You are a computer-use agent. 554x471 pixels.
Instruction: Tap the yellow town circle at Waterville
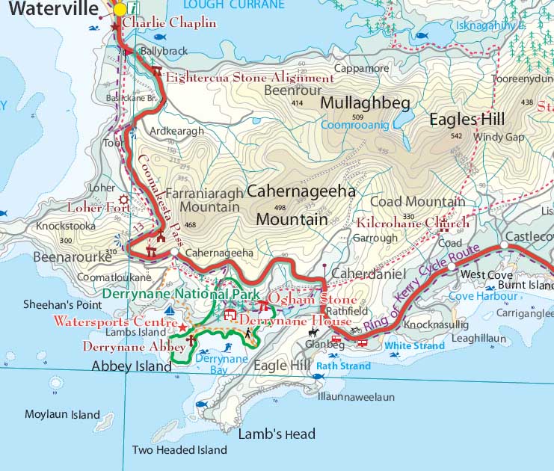pyautogui.click(x=120, y=9)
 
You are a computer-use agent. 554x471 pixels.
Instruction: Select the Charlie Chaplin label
pyautogui.click(x=169, y=22)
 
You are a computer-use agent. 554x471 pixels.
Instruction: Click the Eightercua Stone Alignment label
pyautogui.click(x=250, y=78)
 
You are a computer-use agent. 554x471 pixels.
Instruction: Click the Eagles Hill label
pyautogui.click(x=467, y=119)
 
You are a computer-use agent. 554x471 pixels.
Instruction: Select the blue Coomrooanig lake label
pyautogui.click(x=355, y=125)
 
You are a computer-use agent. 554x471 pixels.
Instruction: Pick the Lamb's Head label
pyautogui.click(x=277, y=434)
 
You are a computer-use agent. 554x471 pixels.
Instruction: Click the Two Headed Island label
pyautogui.click(x=179, y=450)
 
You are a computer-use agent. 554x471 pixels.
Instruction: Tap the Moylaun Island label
pyautogui.click(x=62, y=414)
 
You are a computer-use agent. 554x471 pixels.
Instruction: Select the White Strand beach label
pyautogui.click(x=414, y=345)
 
